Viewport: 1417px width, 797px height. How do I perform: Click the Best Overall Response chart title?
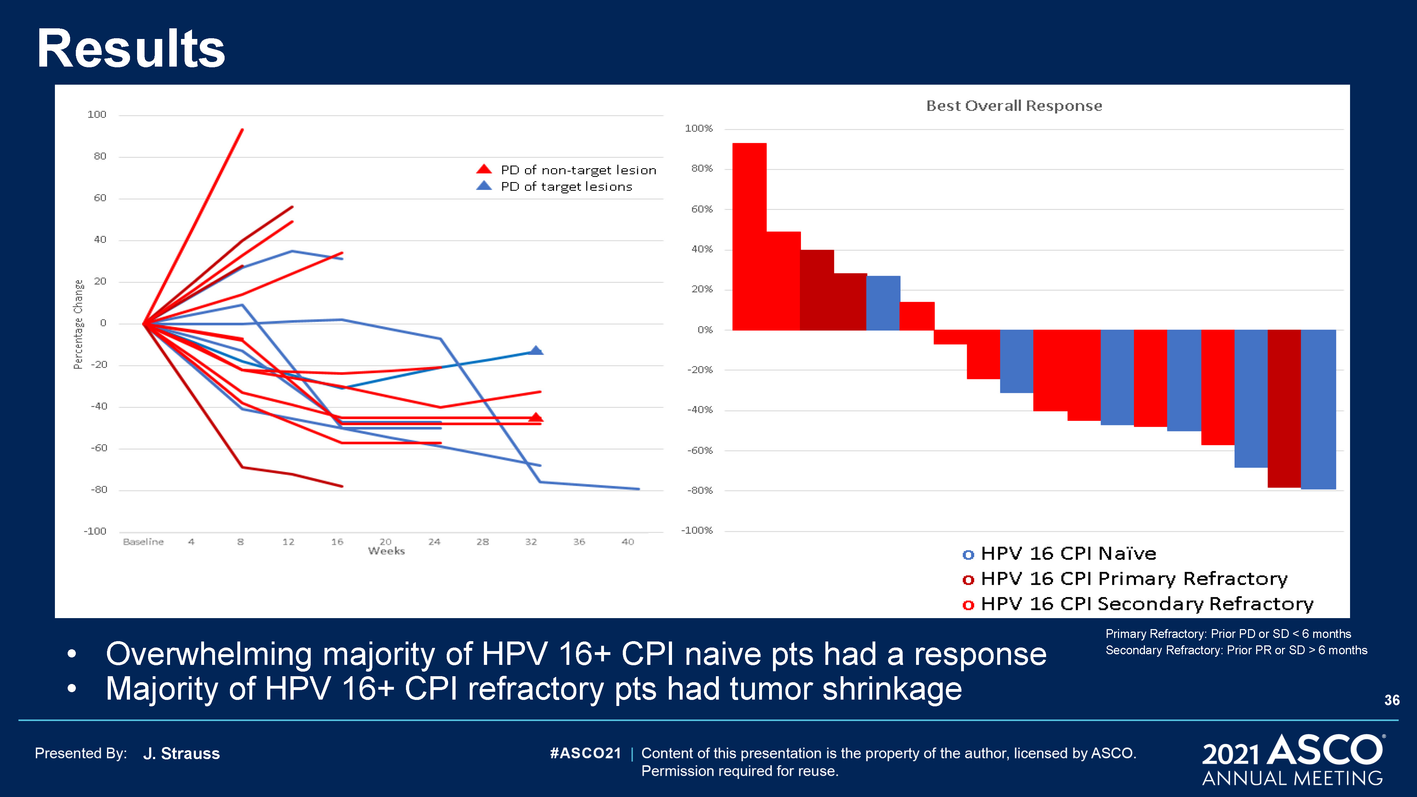1014,106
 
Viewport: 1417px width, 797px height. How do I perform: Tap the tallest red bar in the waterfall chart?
749,237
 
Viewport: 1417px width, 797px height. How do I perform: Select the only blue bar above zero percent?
883,303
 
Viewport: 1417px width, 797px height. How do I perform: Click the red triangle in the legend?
484,169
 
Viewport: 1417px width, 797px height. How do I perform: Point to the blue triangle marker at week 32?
536,350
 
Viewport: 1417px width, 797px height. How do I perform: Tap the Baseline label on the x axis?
143,542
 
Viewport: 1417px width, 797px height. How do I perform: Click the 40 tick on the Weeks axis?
628,542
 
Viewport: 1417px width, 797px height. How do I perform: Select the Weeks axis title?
386,551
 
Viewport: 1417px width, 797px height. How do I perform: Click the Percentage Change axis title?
79,324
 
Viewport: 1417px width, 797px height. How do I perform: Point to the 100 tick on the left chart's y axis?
97,114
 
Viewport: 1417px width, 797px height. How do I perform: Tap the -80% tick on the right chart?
700,491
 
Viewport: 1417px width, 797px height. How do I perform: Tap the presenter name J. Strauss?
181,753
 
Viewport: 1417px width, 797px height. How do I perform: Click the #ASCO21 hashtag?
585,753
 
